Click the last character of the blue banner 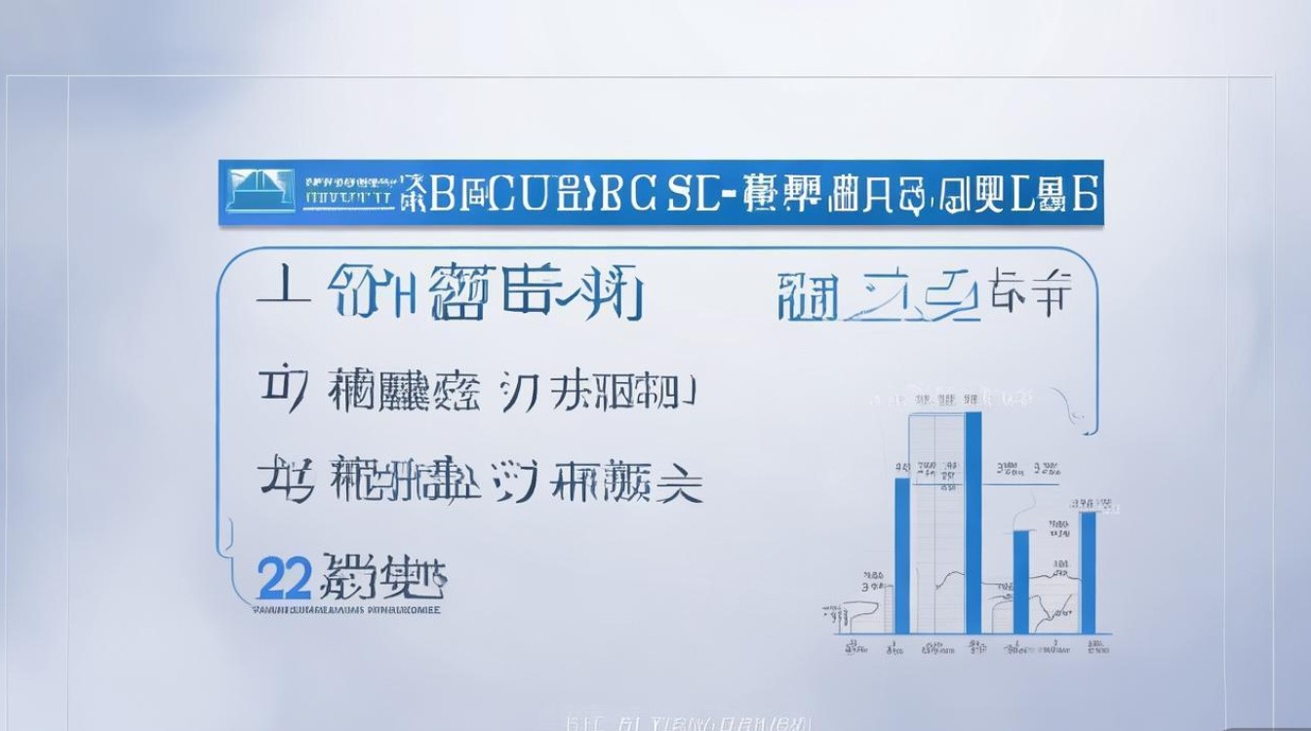click(1085, 193)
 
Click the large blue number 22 click(284, 579)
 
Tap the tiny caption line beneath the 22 click(345, 613)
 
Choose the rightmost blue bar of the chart click(1087, 571)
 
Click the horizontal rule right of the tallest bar click(1020, 482)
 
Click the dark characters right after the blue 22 click(384, 579)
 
